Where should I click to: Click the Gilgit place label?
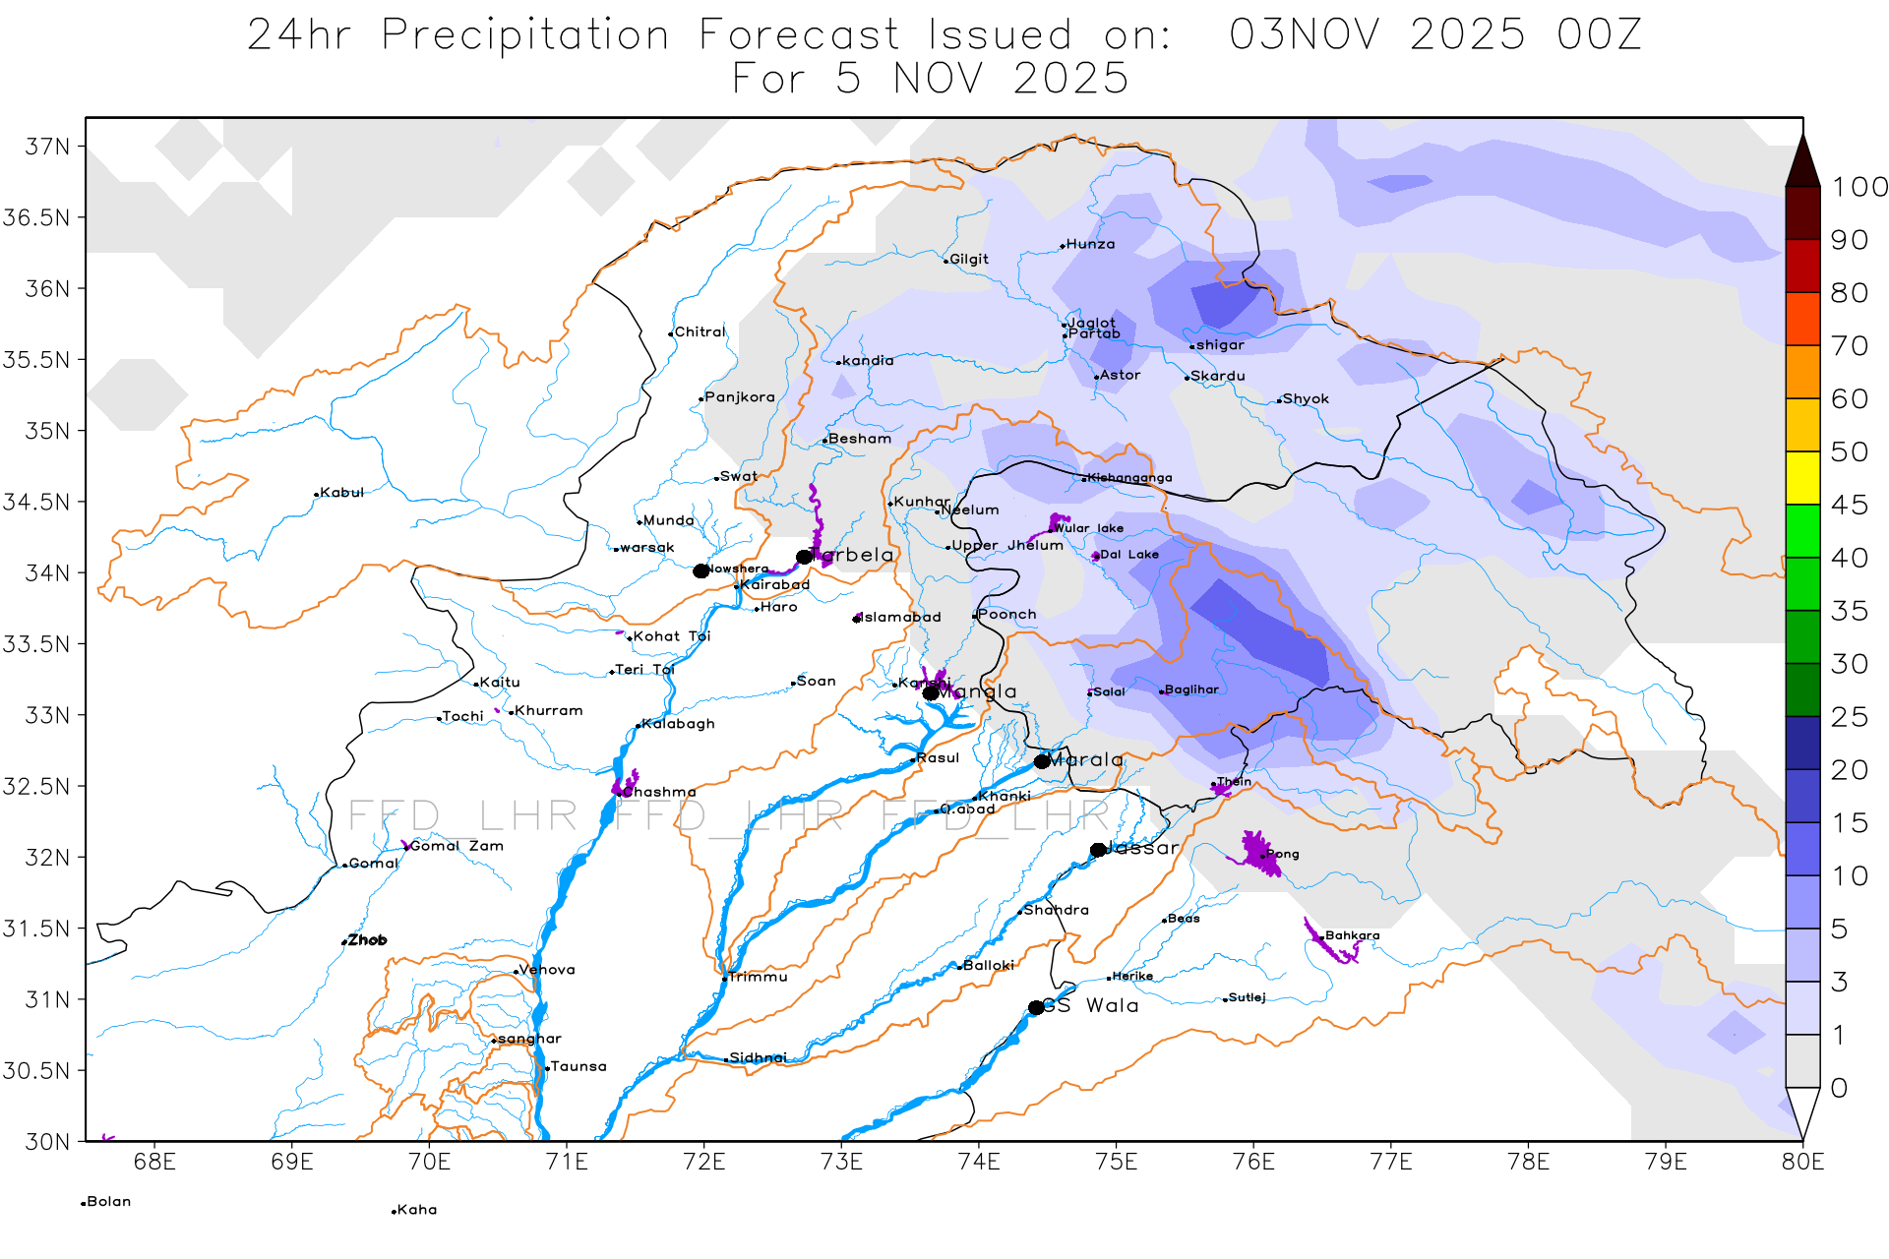click(x=969, y=260)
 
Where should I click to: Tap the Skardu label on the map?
click(x=1218, y=376)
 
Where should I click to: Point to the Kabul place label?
click(x=341, y=493)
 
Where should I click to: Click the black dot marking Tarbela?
click(x=804, y=557)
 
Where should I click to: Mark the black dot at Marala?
click(x=1042, y=761)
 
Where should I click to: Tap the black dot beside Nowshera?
click(x=701, y=571)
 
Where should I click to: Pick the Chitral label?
click(x=700, y=332)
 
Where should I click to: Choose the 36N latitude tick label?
click(x=47, y=289)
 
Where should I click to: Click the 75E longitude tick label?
click(x=1116, y=1163)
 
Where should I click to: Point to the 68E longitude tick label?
click(x=154, y=1163)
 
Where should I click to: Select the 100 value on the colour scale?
click(x=1859, y=187)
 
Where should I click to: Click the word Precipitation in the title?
click(x=525, y=35)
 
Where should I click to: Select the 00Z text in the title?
click(x=1599, y=35)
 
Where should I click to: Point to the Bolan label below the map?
click(x=108, y=1202)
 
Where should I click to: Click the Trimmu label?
click(x=758, y=978)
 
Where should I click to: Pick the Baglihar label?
click(x=1191, y=689)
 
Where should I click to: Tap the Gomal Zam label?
click(x=457, y=846)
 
